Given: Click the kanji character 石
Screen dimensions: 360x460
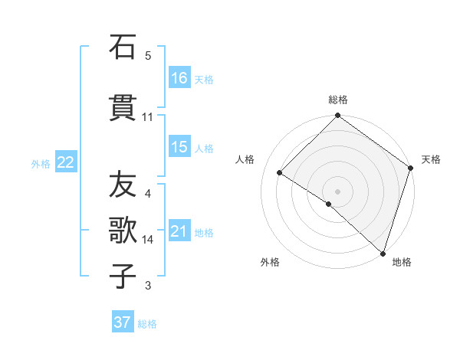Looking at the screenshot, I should coord(123,47).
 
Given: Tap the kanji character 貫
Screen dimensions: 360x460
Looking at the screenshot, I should coord(123,107).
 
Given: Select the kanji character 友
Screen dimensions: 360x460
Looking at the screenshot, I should coord(123,184).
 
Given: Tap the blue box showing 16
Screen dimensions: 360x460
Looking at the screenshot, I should coord(179,78).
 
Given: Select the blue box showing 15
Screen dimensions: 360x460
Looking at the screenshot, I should coord(179,147).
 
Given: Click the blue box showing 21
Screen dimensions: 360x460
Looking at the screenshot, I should coord(179,231).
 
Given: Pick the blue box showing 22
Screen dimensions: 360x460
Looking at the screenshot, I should coord(66,162).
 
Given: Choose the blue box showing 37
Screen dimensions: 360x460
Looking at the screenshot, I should coord(123,322).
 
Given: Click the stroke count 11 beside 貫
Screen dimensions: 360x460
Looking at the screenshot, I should coord(148,117).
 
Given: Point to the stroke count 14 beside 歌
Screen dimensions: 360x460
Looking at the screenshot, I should coord(148,240).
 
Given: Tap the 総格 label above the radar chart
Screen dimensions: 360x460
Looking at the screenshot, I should coord(338,100).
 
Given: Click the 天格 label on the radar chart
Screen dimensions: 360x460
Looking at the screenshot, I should coord(431,159).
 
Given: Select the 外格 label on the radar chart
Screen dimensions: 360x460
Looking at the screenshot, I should coord(270,262).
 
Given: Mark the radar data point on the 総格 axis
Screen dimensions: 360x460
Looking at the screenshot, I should coord(338,116).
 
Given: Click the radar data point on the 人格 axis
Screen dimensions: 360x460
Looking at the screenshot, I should coord(280,172).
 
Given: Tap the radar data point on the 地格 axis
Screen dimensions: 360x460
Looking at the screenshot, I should coord(383,253).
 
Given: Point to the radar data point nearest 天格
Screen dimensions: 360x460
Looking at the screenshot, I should coord(411,168).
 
